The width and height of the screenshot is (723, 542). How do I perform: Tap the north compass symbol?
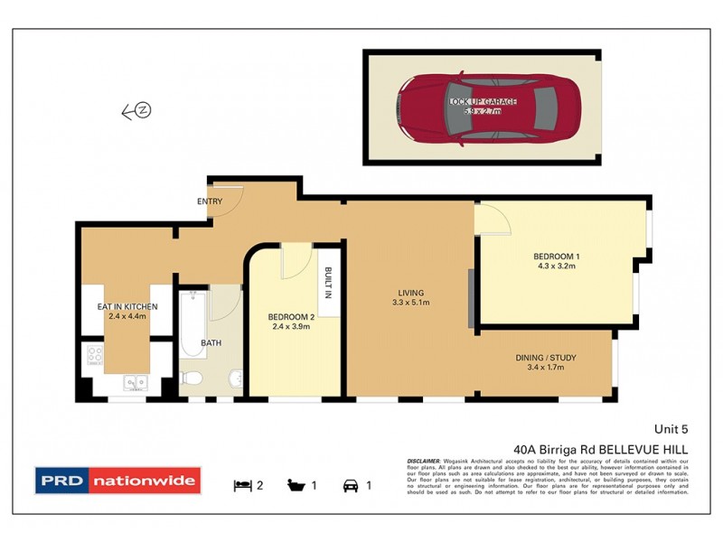click(x=143, y=111)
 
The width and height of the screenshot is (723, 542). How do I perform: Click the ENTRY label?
click(x=209, y=201)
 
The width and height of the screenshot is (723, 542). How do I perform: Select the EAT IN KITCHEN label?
click(x=127, y=307)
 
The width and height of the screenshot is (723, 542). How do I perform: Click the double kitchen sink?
click(x=136, y=383)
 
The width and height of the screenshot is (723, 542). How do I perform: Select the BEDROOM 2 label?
click(x=291, y=317)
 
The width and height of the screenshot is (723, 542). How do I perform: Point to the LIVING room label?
click(x=410, y=292)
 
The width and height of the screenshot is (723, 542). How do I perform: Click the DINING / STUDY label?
click(x=546, y=358)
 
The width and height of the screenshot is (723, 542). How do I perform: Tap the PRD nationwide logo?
click(x=117, y=481)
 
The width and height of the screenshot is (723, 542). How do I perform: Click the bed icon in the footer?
click(x=242, y=485)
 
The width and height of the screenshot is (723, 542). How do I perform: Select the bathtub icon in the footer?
click(x=296, y=485)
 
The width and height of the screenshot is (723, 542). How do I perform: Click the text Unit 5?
click(x=671, y=429)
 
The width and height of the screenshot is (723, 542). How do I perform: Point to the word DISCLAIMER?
click(x=425, y=460)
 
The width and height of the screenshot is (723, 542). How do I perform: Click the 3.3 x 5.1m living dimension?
click(x=410, y=303)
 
